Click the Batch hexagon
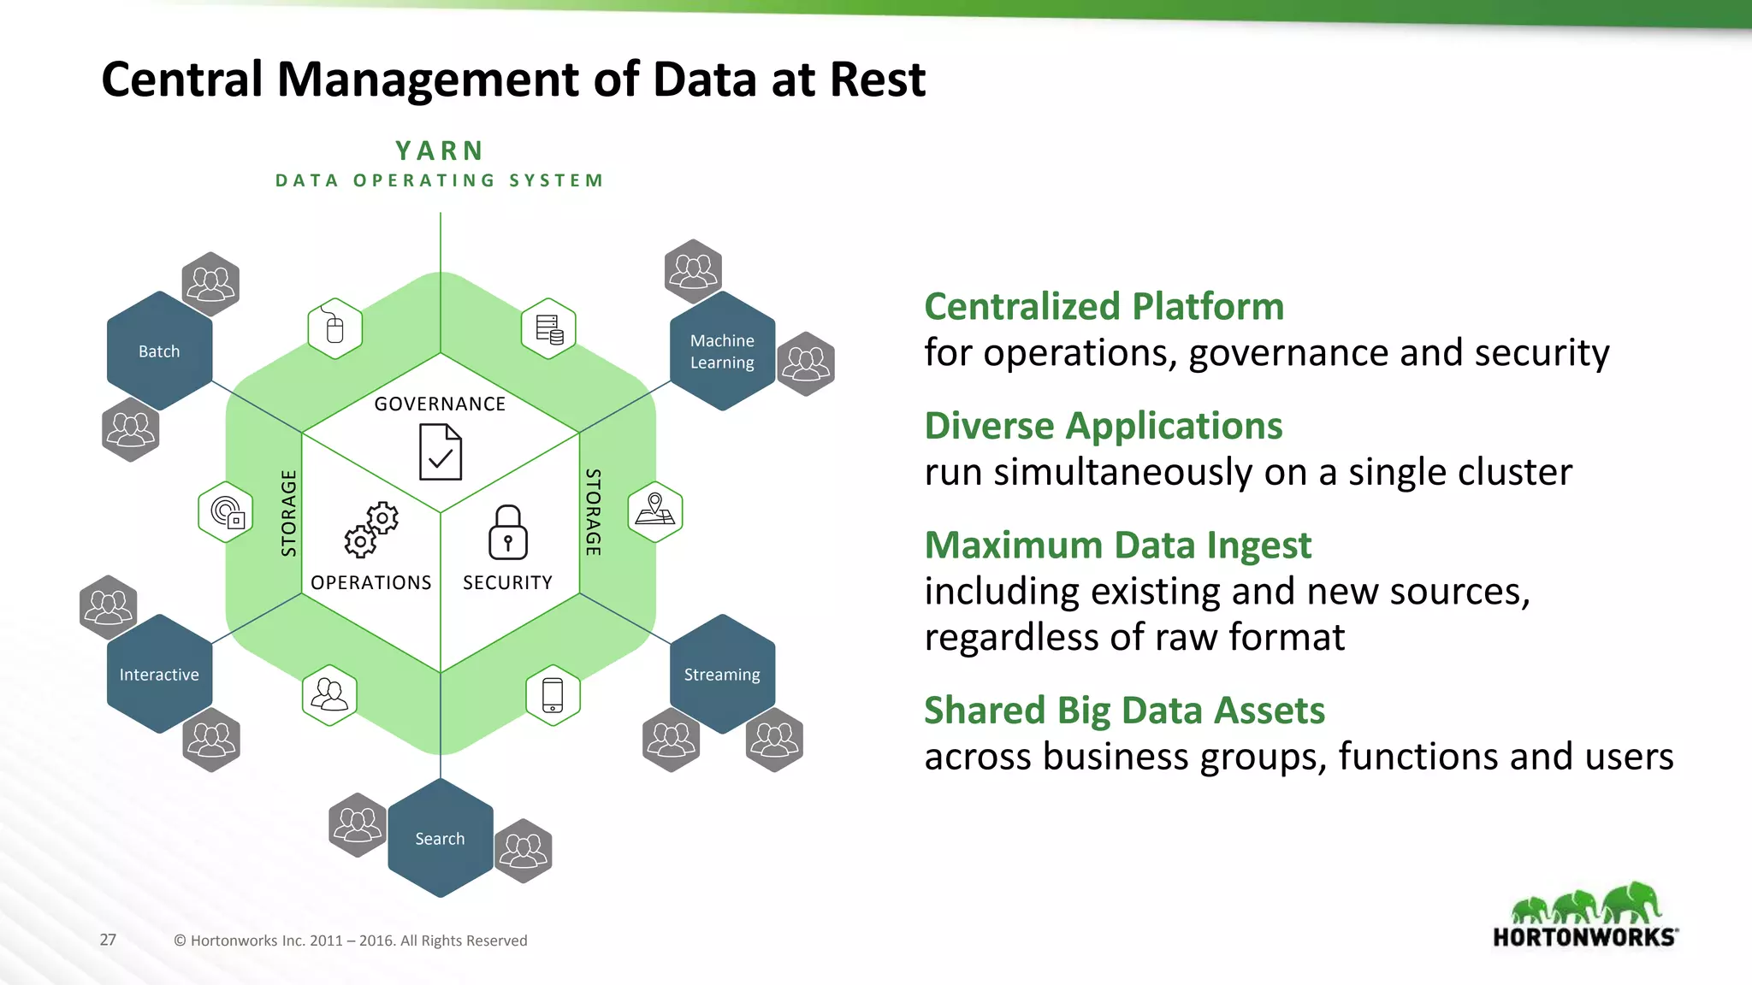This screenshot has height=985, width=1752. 159,351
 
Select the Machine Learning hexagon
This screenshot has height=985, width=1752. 722,351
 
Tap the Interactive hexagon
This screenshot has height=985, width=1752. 159,674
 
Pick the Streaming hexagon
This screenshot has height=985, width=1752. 722,674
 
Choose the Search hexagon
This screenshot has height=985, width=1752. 440,838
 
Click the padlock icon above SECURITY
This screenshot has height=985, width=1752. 507,532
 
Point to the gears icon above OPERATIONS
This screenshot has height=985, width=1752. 371,530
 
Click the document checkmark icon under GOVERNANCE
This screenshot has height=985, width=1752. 441,452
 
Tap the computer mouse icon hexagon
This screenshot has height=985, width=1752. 334,328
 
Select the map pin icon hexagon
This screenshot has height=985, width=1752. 655,511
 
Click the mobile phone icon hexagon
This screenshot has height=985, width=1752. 553,695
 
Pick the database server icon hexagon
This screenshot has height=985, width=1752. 548,328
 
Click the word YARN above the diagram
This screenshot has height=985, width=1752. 440,150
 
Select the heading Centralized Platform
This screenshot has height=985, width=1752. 1104,306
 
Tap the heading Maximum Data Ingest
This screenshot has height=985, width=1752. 1117,545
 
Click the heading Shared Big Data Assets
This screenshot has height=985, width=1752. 1124,710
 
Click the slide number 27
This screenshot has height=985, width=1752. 108,940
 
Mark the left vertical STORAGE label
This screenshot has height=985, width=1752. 289,513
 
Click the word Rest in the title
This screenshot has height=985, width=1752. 877,80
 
